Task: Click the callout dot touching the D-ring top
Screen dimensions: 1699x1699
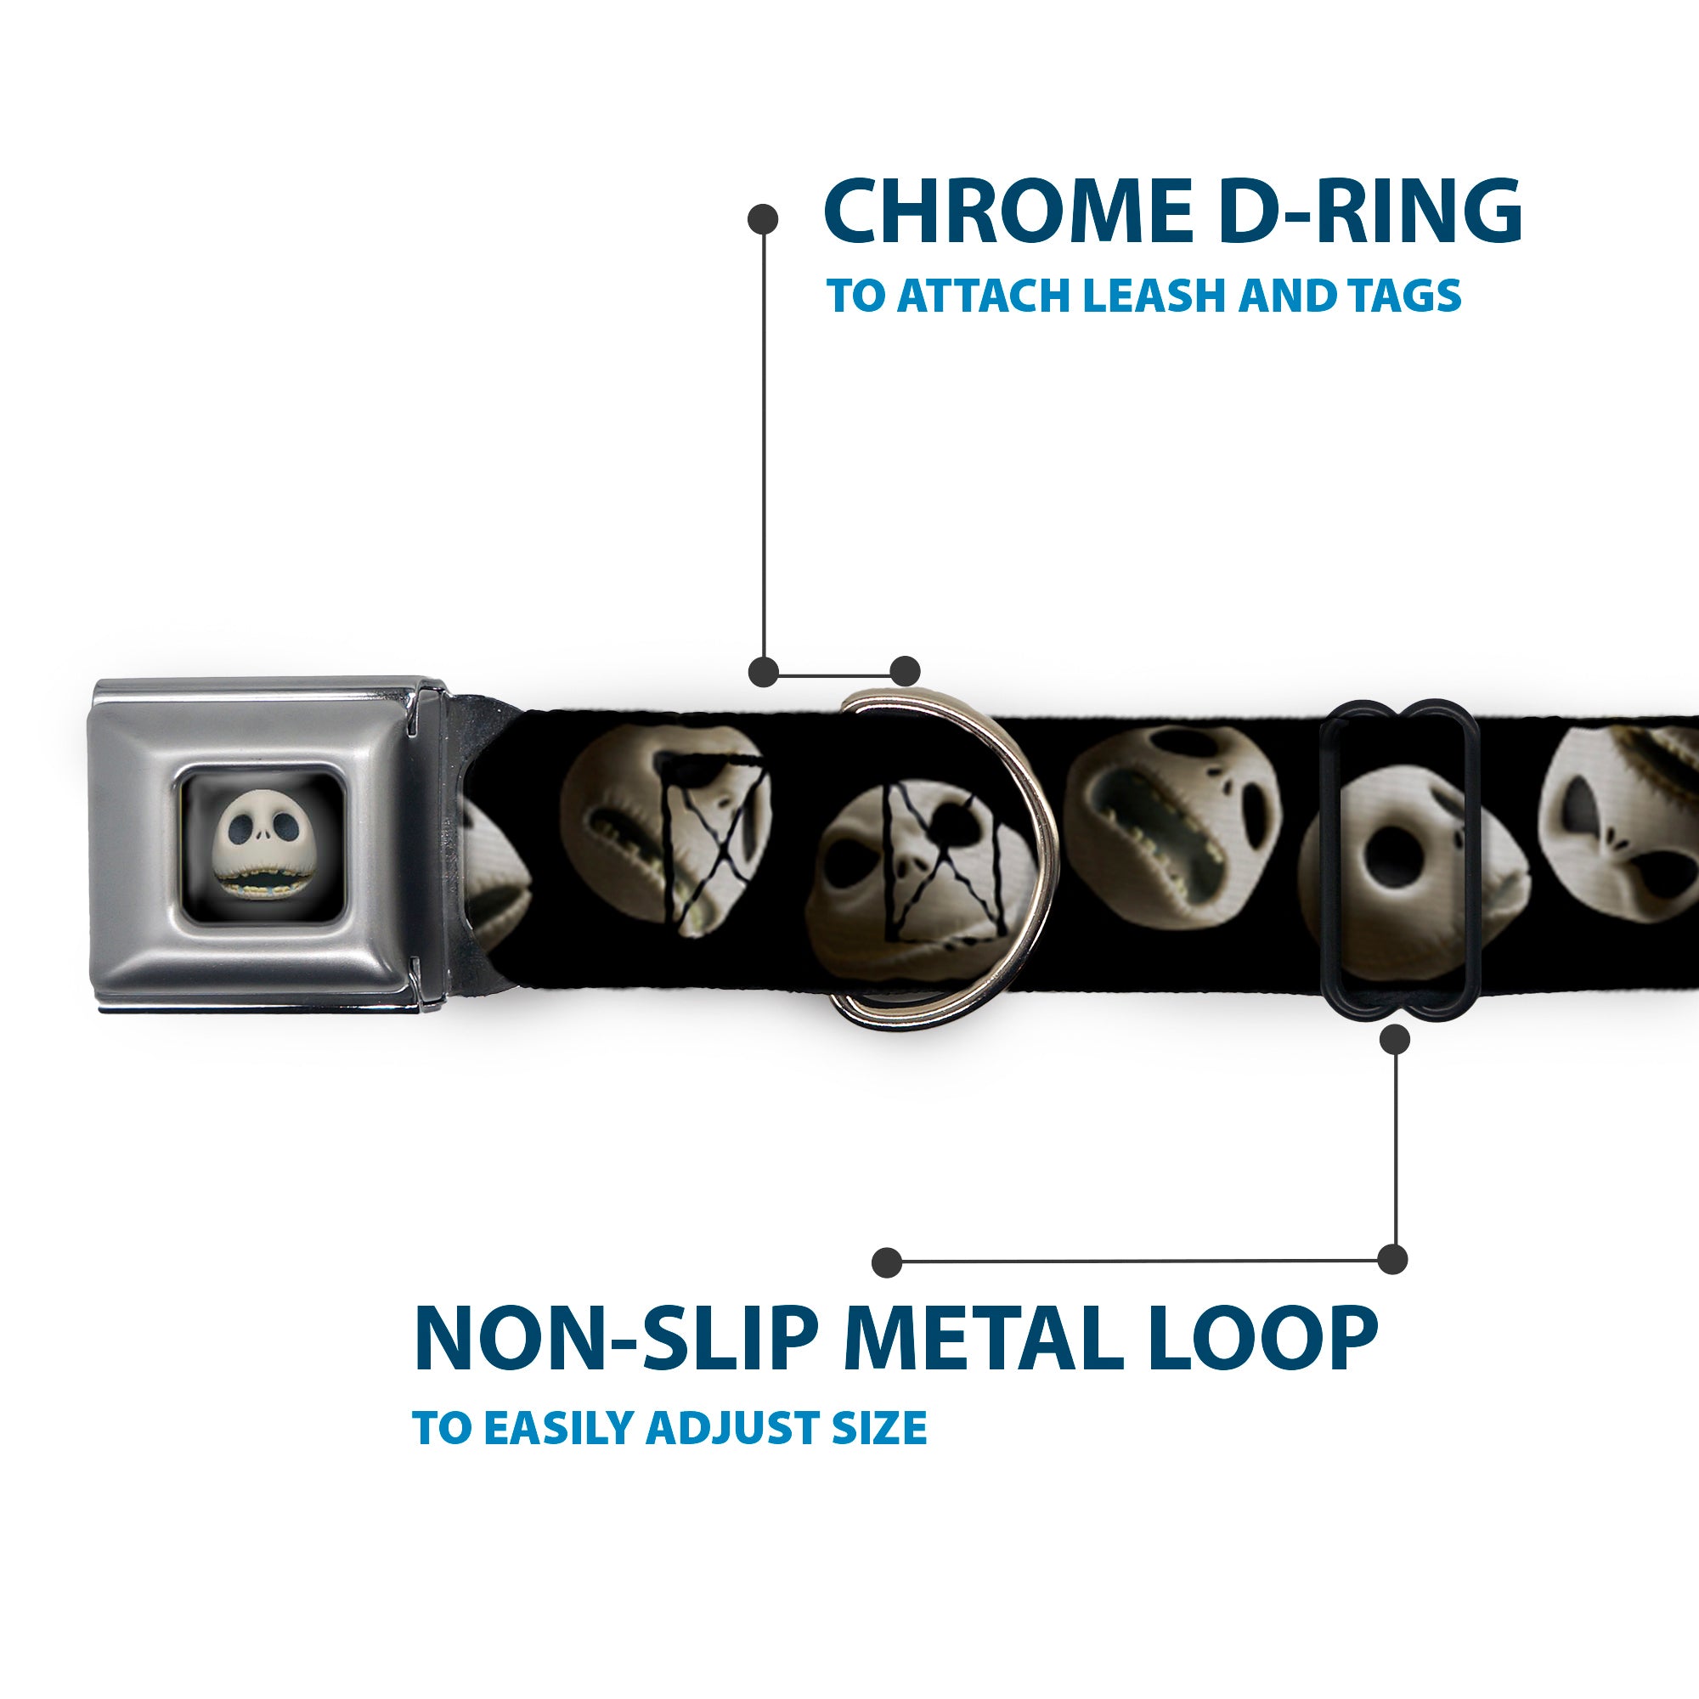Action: (905, 671)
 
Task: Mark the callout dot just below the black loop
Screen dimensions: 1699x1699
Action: (1395, 1041)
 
